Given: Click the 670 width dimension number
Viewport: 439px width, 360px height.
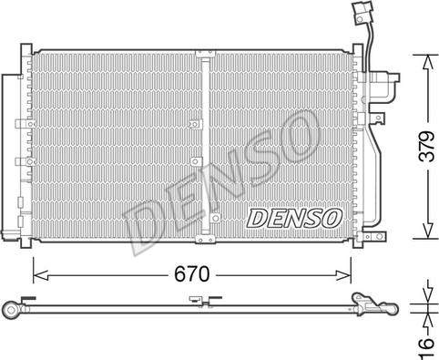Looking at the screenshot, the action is [192, 274].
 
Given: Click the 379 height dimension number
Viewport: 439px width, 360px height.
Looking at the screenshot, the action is [428, 146].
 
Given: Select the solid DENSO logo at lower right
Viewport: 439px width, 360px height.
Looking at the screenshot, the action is [294, 218].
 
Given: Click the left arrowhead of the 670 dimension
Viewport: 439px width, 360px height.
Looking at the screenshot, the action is [40, 275].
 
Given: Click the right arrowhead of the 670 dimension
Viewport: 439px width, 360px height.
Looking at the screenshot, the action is [343, 275].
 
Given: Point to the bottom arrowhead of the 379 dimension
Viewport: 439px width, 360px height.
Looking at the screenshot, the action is [428, 231].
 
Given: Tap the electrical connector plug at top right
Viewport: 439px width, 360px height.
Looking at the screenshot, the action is [362, 15].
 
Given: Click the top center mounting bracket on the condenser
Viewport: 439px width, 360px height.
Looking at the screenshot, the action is [205, 54].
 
